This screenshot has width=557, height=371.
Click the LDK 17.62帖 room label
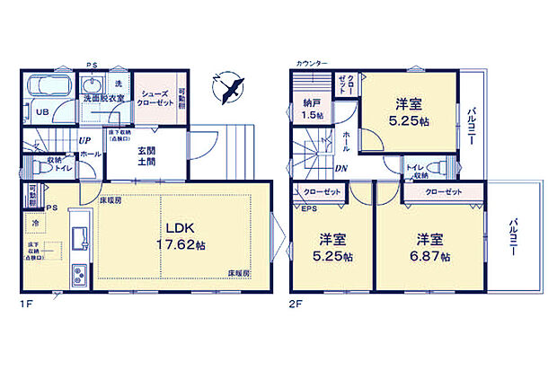coord(185,234)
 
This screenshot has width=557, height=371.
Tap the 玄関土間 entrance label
coord(147,157)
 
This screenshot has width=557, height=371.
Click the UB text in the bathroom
coord(41,113)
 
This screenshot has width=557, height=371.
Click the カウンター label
coord(310,64)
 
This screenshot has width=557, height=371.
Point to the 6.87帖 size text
coord(429,256)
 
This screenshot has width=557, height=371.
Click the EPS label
coord(308,209)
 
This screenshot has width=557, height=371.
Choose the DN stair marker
coord(341,168)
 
